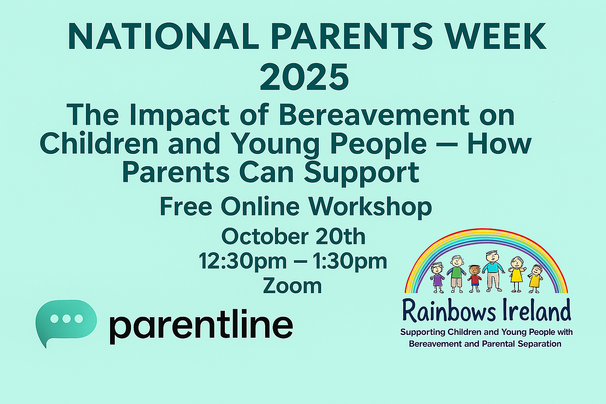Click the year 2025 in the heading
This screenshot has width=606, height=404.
(x=304, y=77)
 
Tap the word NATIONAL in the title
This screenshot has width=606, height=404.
(x=163, y=37)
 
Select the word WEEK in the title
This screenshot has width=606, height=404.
(x=496, y=37)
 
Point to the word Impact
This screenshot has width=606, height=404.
(x=180, y=117)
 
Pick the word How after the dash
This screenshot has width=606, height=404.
(x=499, y=144)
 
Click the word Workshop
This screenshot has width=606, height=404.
(x=370, y=207)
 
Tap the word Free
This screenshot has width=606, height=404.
(x=186, y=207)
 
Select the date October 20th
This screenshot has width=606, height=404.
(x=294, y=236)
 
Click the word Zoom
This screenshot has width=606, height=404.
(x=292, y=286)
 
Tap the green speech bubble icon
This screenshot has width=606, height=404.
(x=66, y=322)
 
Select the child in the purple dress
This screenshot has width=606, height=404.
(x=437, y=278)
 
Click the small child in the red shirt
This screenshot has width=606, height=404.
(x=475, y=279)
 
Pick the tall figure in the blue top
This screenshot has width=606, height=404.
(x=493, y=271)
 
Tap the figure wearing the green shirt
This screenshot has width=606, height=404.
(x=456, y=274)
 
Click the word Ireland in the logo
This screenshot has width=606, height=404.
(x=537, y=310)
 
